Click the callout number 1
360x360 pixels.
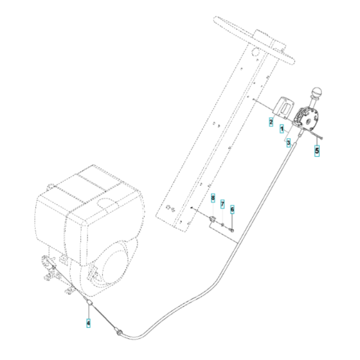(x=282, y=129)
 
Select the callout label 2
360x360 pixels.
(x=271, y=122)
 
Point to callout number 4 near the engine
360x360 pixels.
(x=89, y=323)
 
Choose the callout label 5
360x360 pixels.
(x=316, y=151)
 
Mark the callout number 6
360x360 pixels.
(x=232, y=209)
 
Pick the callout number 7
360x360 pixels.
(x=222, y=205)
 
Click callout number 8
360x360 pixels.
(x=213, y=200)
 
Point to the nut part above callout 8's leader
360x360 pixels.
(x=212, y=221)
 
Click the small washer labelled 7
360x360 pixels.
(x=222, y=224)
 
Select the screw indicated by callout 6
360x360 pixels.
(x=231, y=229)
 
